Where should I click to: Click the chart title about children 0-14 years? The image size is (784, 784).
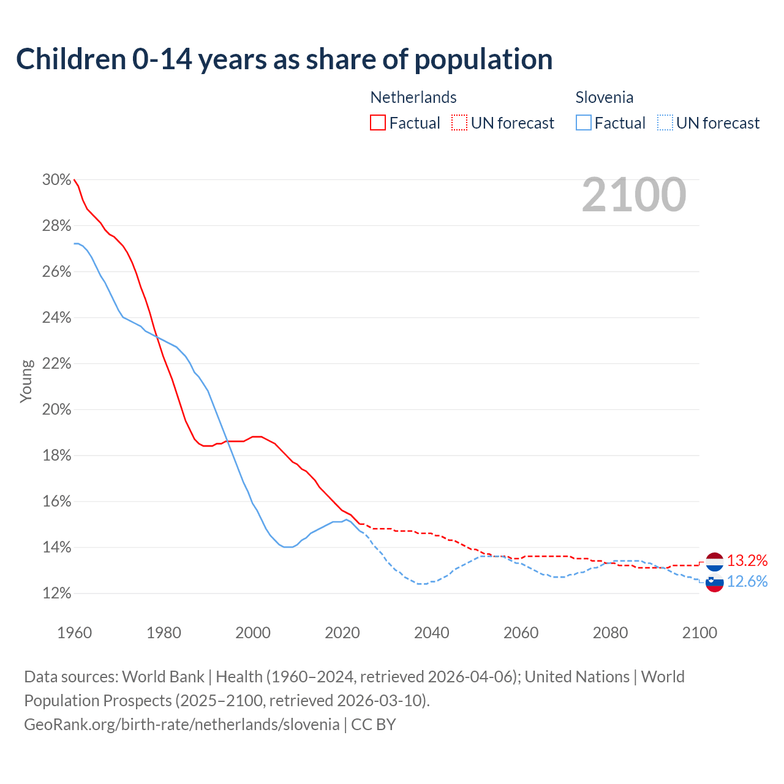[284, 59]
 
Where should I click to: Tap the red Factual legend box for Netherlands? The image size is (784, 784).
[378, 123]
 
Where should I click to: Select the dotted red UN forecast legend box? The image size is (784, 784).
[459, 123]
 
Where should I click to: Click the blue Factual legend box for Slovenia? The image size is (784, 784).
[583, 123]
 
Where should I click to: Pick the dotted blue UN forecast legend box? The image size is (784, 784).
[665, 123]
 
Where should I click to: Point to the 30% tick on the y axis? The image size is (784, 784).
[56, 180]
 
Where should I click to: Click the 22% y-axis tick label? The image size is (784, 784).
[56, 364]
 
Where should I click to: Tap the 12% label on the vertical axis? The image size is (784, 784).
[56, 594]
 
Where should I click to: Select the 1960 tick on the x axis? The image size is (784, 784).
[74, 633]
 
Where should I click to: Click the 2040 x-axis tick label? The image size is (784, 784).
[431, 633]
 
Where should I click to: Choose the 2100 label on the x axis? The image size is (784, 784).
[699, 633]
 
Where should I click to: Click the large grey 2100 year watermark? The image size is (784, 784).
[634, 195]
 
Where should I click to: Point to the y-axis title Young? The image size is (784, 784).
[26, 381]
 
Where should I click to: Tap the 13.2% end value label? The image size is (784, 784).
[747, 560]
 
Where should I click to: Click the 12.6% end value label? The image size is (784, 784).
[747, 581]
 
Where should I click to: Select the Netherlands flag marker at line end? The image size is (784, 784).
[714, 561]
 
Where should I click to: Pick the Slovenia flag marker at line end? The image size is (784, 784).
[714, 582]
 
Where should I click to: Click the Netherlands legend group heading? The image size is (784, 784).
[413, 97]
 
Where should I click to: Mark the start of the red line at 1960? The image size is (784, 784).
[74, 180]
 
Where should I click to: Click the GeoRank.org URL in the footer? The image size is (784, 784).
[181, 725]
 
